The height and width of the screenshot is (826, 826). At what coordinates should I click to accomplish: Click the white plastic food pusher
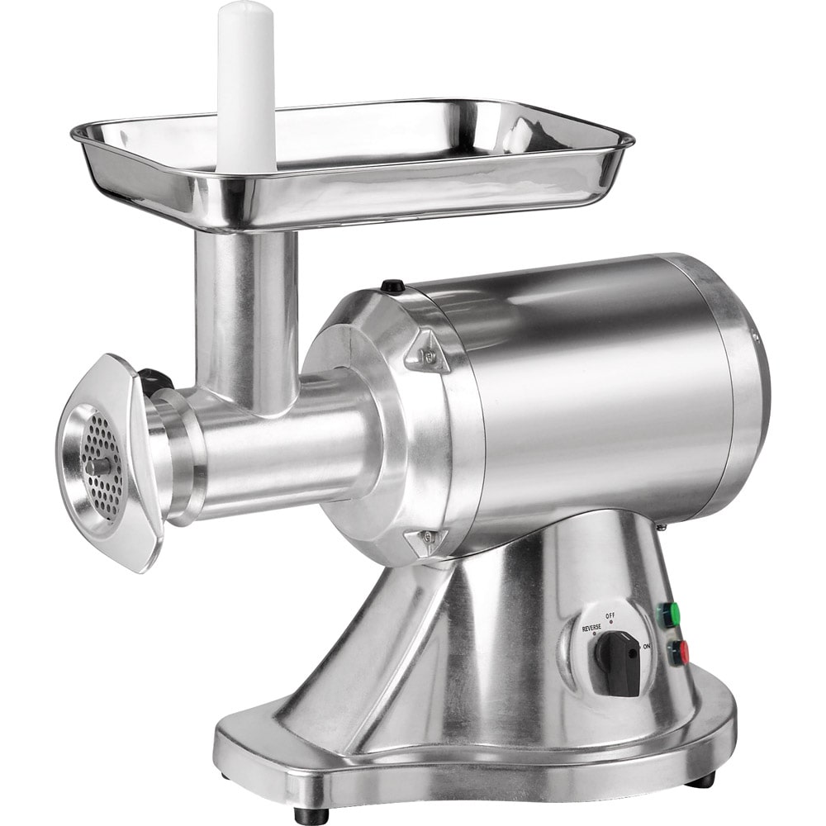(245, 87)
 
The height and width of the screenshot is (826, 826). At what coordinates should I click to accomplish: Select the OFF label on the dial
(610, 615)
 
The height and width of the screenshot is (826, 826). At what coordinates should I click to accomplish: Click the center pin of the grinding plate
(97, 466)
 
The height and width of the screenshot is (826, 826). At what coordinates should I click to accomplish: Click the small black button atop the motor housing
(393, 286)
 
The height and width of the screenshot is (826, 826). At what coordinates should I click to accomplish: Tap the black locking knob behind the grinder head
(154, 382)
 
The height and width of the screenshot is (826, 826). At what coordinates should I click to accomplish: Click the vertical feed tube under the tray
(245, 314)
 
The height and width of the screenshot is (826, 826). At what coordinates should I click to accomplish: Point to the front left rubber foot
(311, 814)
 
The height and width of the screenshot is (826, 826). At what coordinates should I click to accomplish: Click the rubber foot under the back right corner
(702, 779)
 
